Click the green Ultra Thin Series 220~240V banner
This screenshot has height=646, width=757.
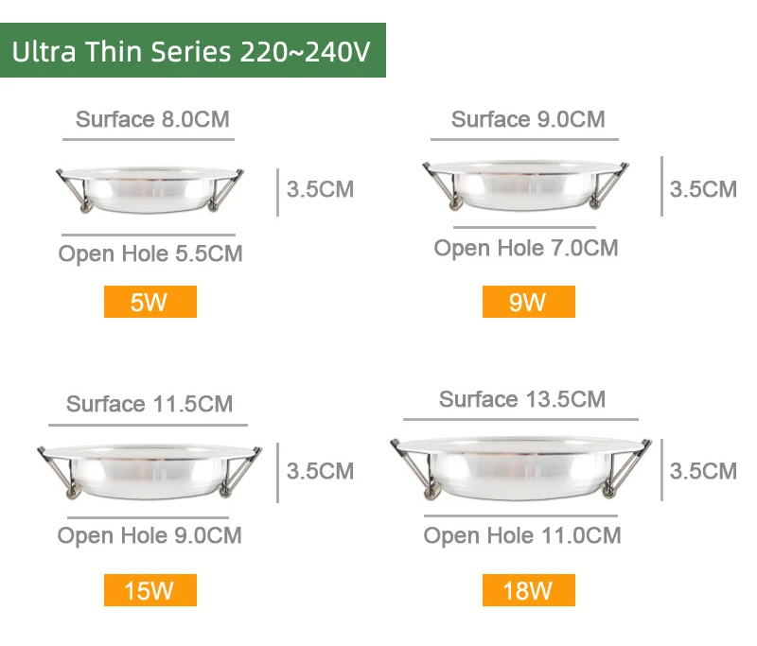coord(193,50)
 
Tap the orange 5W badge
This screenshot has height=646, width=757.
coord(150,303)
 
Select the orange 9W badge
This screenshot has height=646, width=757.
coord(528,303)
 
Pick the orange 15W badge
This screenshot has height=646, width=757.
coord(150,591)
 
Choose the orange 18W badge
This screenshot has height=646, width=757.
coord(528,591)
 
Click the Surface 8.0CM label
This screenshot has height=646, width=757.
coord(152,119)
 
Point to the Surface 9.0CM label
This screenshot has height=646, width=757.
coord(528,119)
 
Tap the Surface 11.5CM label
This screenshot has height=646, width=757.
coord(150,404)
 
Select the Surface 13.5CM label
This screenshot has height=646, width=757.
coord(522,399)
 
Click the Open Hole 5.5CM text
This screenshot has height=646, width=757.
coord(150,253)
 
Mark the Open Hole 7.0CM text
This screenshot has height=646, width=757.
coord(526,248)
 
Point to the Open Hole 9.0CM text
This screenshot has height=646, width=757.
coord(150,535)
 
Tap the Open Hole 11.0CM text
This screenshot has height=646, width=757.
coord(522,535)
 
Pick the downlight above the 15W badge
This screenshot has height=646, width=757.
coord(149,469)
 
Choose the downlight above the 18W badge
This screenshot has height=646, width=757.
coord(522,466)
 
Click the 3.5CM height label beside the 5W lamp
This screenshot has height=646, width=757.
coord(320,189)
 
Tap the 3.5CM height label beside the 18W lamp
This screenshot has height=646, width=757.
coord(703,470)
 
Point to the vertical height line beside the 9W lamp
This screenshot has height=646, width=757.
coord(661,185)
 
